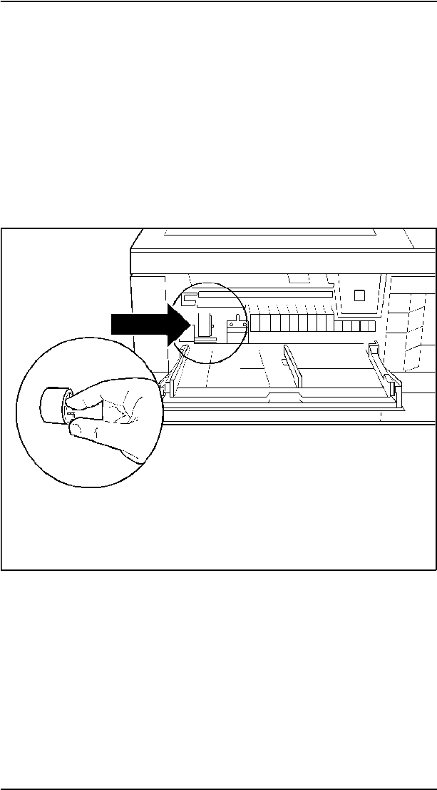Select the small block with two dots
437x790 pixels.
click(237, 326)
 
